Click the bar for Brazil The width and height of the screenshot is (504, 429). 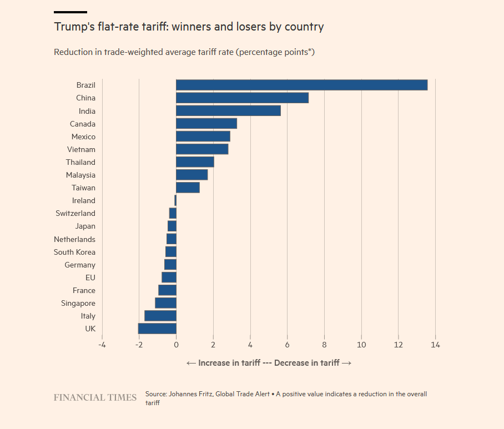(301, 85)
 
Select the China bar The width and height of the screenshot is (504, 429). (242, 98)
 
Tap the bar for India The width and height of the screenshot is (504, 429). (228, 111)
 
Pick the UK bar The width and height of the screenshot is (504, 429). (157, 329)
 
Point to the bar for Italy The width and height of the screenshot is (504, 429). (160, 316)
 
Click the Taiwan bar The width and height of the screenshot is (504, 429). (188, 188)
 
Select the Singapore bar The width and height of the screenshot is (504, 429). (165, 303)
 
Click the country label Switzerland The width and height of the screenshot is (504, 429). (75, 213)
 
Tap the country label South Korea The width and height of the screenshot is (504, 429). (74, 252)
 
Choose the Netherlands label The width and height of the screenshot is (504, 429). (74, 239)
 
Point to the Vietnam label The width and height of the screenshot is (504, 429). (81, 149)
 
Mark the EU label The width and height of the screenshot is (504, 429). (90, 277)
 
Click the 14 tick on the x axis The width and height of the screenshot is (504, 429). (435, 345)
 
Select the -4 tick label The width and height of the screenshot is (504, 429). (102, 345)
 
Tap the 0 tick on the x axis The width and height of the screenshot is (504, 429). (176, 345)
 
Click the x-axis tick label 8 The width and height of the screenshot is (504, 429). (324, 345)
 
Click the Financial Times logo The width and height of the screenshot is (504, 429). (95, 397)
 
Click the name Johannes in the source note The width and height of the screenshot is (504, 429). (186, 394)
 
